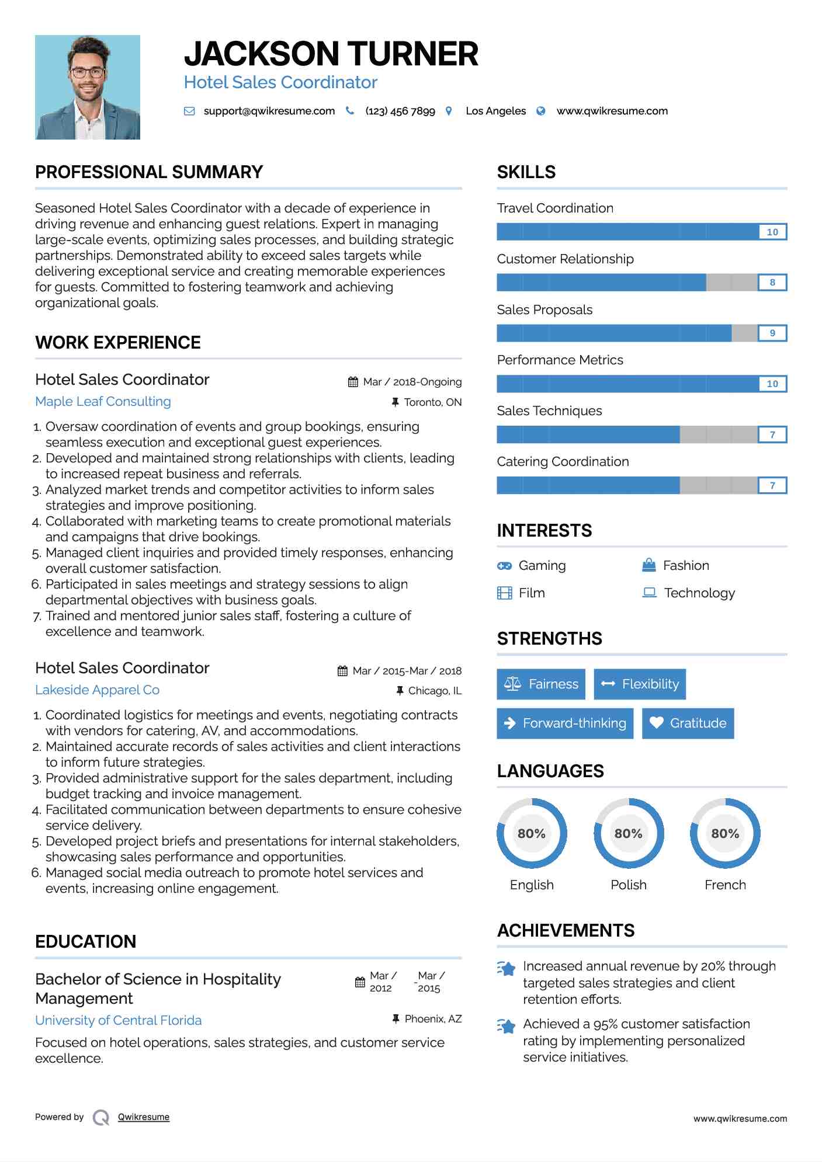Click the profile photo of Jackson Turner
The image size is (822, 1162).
[x=88, y=87]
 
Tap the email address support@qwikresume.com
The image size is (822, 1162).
[x=269, y=111]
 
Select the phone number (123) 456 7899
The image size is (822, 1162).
[x=400, y=111]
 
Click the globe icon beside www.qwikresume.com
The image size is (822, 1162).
[x=541, y=111]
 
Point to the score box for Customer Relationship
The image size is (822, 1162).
[x=772, y=283]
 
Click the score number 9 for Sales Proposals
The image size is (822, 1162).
[x=772, y=333]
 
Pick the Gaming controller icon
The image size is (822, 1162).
[x=504, y=566]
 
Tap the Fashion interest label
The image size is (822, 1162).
[x=686, y=566]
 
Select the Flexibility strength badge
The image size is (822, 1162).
[x=640, y=684]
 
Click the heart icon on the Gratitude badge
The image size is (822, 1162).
[x=656, y=723]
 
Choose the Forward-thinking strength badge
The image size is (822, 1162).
[x=565, y=723]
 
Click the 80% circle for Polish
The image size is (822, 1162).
[x=629, y=833]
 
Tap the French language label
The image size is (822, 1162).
[x=725, y=885]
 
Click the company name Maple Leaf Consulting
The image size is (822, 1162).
[x=103, y=402]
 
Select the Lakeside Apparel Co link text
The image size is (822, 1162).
[x=97, y=690]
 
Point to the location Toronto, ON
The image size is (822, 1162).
[x=432, y=402]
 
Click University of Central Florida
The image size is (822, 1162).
[x=118, y=1020]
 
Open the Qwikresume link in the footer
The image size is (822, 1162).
[x=144, y=1117]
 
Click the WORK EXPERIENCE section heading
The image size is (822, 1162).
[x=118, y=343]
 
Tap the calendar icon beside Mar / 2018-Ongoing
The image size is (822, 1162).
[x=353, y=382]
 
